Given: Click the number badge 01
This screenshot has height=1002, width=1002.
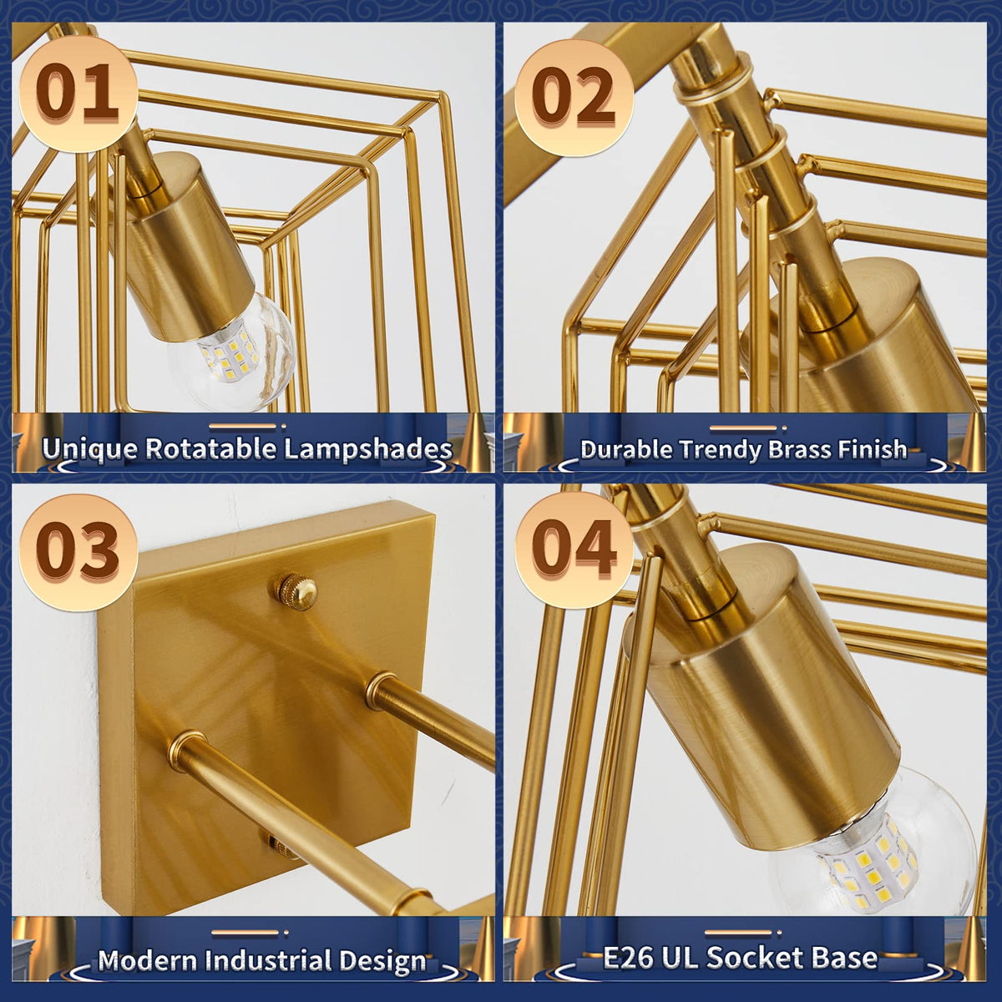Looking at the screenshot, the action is pyautogui.click(x=78, y=94).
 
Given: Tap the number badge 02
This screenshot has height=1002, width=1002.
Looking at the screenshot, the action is pyautogui.click(x=574, y=97).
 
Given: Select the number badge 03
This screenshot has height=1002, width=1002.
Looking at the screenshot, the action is pyautogui.click(x=78, y=552).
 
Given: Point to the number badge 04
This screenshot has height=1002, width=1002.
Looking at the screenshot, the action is pyautogui.click(x=574, y=551).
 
